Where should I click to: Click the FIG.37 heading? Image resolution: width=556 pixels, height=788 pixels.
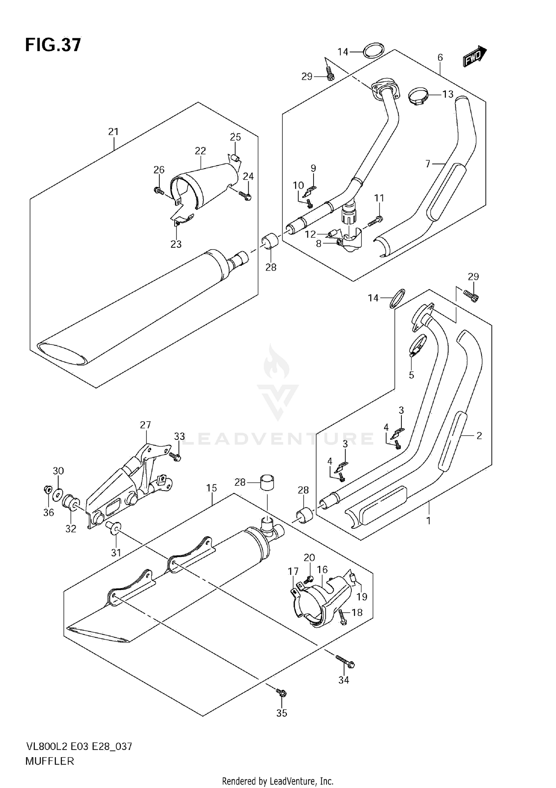(53, 45)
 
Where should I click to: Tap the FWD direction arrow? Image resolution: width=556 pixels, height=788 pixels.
(475, 56)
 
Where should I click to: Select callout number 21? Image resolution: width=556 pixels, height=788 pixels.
(113, 132)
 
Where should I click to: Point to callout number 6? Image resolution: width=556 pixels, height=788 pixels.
(440, 57)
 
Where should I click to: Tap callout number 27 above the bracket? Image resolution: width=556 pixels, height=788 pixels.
(145, 425)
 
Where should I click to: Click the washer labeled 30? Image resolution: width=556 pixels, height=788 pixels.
(58, 494)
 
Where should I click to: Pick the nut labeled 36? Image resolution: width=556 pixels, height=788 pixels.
(47, 490)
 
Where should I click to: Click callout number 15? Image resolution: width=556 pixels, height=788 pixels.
(212, 488)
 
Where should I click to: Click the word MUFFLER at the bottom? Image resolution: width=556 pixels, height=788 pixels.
(50, 761)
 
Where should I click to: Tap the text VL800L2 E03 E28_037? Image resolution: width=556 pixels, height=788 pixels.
(79, 746)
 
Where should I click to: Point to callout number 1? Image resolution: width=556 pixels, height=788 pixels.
(428, 521)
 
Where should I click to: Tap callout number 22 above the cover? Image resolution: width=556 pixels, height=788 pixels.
(200, 151)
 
